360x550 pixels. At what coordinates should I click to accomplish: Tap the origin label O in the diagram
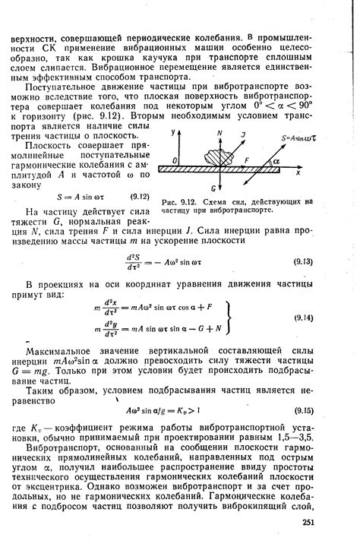(174, 160)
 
